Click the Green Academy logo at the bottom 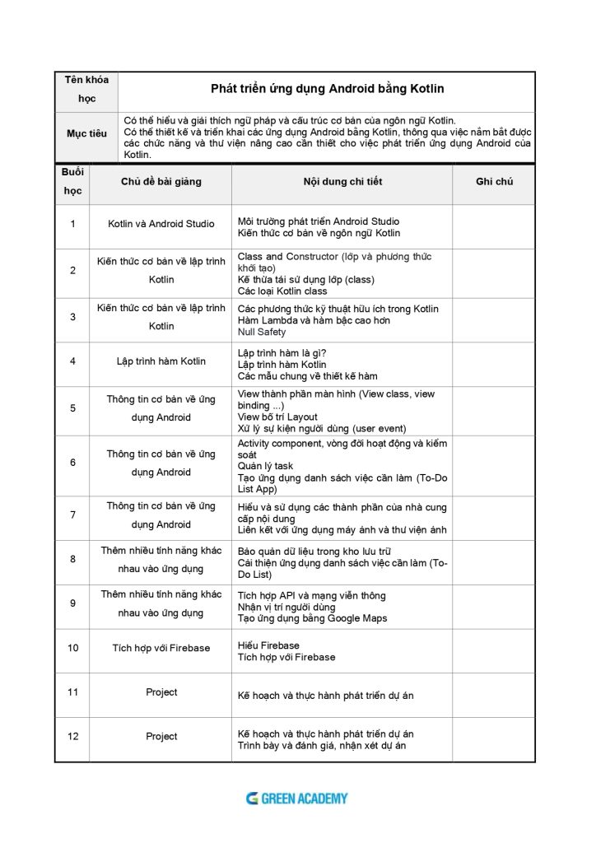(297, 798)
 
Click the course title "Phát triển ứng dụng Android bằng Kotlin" (328, 88)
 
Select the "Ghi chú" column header (494, 181)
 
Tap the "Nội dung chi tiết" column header (342, 181)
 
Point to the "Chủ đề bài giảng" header (161, 181)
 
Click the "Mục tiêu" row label (86, 133)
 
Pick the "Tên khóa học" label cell (86, 89)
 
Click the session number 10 (73, 648)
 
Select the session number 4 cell (73, 361)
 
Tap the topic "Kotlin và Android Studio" (161, 223)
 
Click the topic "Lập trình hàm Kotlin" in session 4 (161, 361)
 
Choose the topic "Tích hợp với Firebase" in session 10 (161, 648)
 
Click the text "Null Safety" (262, 332)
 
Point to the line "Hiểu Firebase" (268, 645)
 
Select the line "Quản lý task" (265, 466)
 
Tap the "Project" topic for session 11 (161, 692)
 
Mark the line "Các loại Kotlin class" (282, 291)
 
